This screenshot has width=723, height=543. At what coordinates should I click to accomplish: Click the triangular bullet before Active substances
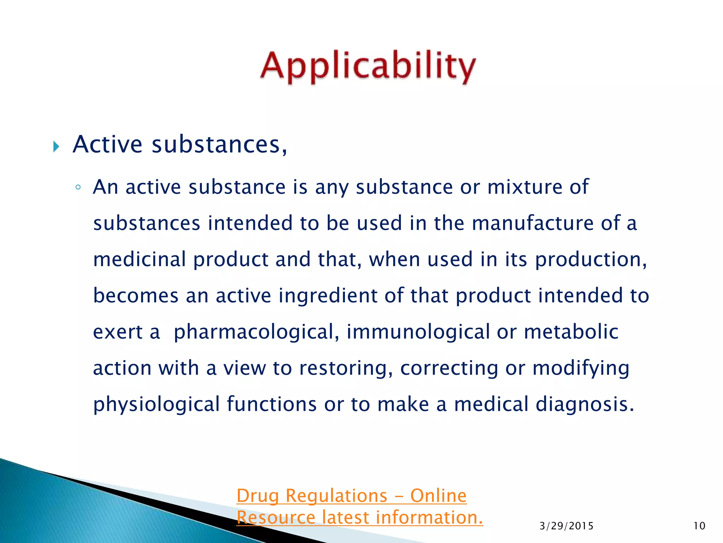point(56,146)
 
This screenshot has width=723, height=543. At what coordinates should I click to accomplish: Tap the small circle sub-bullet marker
point(78,187)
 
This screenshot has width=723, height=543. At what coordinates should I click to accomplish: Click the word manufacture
point(533,223)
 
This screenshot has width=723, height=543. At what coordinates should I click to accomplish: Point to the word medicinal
point(139,259)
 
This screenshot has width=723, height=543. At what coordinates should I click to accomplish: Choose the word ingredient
point(328,296)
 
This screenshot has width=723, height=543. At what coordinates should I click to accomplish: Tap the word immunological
point(418,332)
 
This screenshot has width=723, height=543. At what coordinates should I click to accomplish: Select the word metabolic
point(571,332)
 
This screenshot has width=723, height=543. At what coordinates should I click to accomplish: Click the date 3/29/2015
point(566,526)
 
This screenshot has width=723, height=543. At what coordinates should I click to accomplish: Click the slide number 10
point(699,526)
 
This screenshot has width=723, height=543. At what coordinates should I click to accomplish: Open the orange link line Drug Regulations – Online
point(351,496)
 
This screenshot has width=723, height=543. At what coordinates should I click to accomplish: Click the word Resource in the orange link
point(276,518)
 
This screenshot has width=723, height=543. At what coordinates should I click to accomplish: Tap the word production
point(591,260)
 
